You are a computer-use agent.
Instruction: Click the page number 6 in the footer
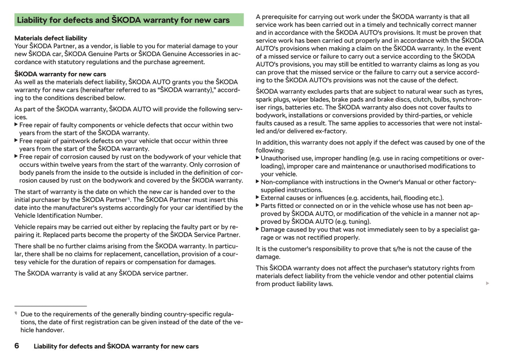(x=17, y=346)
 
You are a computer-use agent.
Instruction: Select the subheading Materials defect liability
(x=51, y=38)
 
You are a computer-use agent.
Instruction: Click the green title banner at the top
(x=129, y=20)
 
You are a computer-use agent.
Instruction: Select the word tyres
(x=475, y=92)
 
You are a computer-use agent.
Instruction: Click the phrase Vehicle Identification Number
(x=58, y=216)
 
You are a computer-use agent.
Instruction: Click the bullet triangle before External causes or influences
(x=258, y=198)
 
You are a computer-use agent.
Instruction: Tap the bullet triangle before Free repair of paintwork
(x=16, y=140)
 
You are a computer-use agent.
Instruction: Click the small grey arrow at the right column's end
(x=487, y=283)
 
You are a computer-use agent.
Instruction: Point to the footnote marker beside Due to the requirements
(x=16, y=313)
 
